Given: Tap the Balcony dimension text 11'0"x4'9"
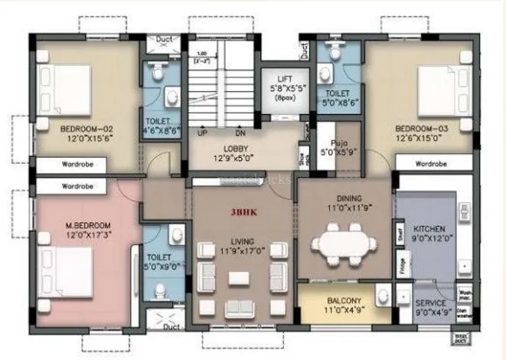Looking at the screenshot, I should (344, 310).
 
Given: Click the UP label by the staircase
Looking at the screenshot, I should (203, 133).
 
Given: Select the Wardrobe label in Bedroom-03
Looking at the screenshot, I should (431, 163).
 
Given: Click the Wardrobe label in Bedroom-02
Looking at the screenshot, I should (77, 163).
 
